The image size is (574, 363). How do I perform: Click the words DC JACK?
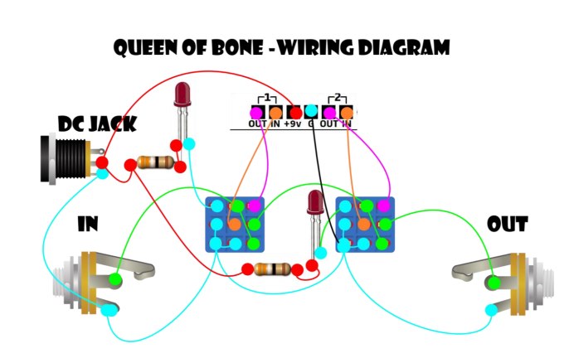tap(97, 124)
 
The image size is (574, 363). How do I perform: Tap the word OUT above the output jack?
tap(508, 225)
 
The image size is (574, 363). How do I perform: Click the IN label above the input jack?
tap(89, 225)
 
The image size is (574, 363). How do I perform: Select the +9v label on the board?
tap(293, 124)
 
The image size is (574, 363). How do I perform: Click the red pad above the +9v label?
tap(294, 111)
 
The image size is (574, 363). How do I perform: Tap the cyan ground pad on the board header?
tap(311, 111)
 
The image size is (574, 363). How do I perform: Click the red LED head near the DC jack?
tap(182, 94)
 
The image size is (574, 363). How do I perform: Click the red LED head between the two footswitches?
tap(315, 201)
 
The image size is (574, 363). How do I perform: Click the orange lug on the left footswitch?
tap(235, 224)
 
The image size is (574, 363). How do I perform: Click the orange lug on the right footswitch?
tap(363, 224)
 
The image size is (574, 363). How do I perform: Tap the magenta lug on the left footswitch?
tap(254, 205)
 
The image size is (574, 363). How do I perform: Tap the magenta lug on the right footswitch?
tap(382, 205)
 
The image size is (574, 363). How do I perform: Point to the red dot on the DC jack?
tap(101, 162)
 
